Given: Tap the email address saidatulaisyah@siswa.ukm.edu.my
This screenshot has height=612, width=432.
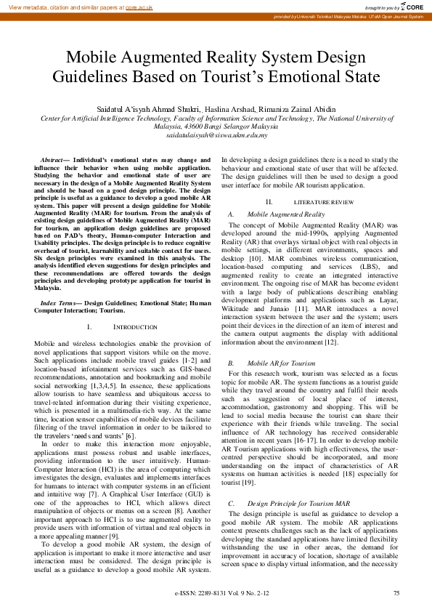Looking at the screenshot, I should pos(216,135).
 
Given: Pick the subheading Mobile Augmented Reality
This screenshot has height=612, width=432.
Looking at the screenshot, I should pos(285,214).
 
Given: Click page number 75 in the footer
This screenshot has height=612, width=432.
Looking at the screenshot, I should pos(396,594).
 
